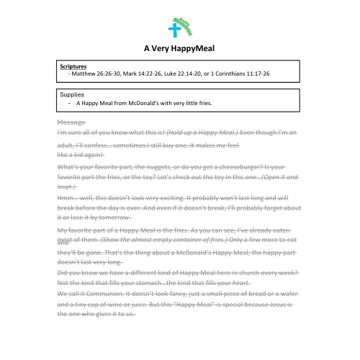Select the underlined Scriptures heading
pos(74,67)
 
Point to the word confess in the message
pos(102,145)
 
